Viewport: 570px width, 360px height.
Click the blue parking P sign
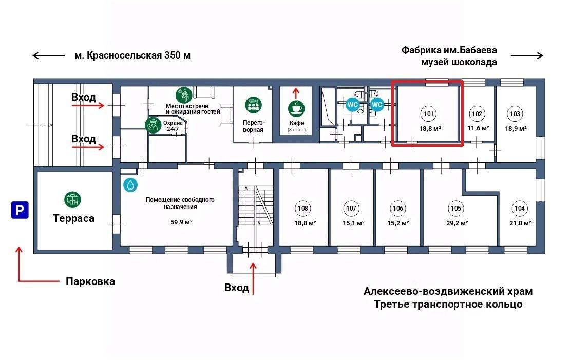(x=20, y=210)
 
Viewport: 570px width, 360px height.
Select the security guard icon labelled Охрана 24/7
(x=152, y=125)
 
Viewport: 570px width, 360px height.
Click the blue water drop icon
(x=130, y=185)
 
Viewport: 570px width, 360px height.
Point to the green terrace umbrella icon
(x=73, y=199)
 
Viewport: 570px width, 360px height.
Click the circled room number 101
(x=428, y=113)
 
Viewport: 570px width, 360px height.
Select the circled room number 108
(x=303, y=209)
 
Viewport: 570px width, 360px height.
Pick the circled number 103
(x=515, y=113)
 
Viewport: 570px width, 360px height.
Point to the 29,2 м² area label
(x=457, y=223)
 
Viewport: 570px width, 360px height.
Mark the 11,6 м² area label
(x=478, y=128)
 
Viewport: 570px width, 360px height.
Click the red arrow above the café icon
(x=296, y=92)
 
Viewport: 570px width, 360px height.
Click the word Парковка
(x=90, y=281)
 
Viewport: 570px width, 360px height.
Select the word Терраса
(x=73, y=218)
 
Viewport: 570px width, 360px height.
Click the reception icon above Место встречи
(x=184, y=95)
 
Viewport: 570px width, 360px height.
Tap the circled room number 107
(x=351, y=209)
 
